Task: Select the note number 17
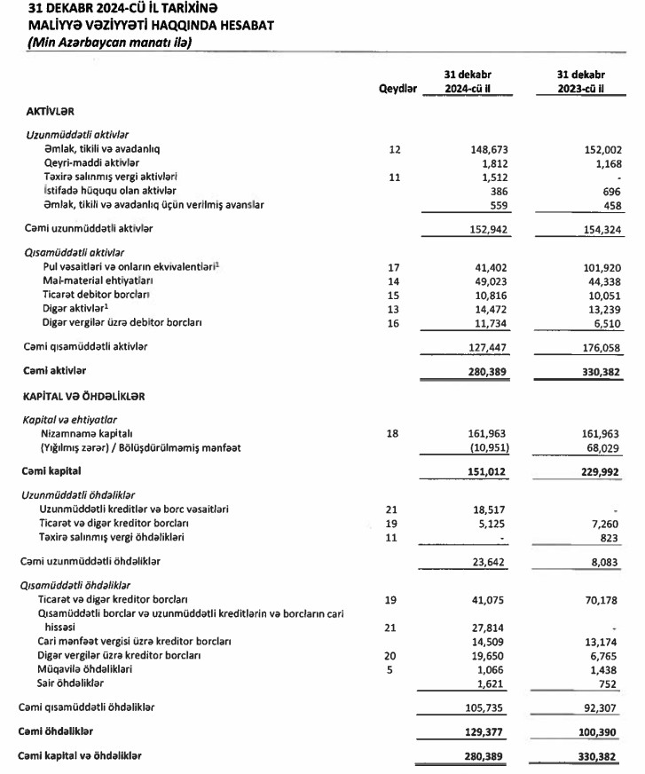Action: tap(395, 266)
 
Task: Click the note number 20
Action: tap(395, 655)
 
